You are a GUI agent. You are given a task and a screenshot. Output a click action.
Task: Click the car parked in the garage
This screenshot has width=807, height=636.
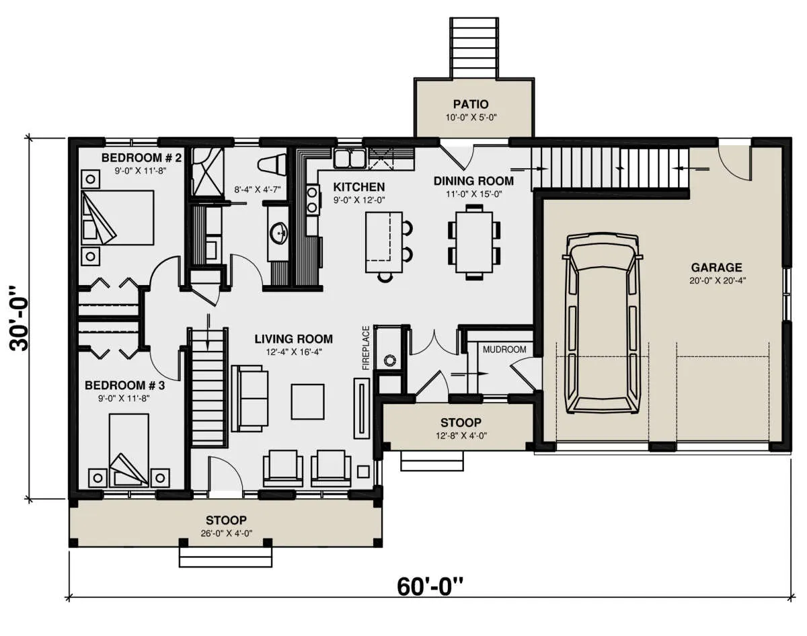pos(603,323)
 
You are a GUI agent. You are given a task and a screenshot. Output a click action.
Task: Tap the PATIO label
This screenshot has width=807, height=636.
pos(471,104)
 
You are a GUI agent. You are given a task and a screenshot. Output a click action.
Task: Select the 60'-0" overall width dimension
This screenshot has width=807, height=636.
pos(430,586)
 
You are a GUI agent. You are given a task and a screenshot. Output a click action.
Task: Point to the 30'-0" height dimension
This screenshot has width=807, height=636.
pos(20,319)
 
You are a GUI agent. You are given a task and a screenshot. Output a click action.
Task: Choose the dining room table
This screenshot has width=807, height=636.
pos(474,242)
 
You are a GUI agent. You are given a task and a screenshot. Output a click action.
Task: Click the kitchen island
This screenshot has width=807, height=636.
pos(384,242)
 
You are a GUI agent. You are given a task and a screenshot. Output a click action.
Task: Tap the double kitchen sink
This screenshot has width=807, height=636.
pos(350,158)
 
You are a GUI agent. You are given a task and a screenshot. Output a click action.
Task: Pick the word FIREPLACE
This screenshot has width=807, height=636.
pos(366,348)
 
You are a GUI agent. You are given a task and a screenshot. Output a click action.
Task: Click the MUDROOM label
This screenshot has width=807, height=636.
pos(504,350)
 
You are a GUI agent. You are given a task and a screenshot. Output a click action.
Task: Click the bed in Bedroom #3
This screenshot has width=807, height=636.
pos(129,450)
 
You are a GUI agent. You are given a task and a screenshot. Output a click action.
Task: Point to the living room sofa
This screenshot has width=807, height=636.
pos(250,399)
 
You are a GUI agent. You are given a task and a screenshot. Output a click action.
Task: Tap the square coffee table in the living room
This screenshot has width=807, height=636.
pos(307,401)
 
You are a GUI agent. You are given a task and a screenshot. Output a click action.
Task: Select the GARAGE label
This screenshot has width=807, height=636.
pos(716,268)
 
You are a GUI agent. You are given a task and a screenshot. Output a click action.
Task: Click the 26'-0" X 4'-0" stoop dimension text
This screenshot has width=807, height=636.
pos(226,533)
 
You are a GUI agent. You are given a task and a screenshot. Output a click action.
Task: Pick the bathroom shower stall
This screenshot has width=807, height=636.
pos(208,171)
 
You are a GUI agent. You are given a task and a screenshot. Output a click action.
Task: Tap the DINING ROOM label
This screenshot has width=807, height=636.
pos(473,181)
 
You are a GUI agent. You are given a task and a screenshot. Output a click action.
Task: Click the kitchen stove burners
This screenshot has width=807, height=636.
pos(312,200)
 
